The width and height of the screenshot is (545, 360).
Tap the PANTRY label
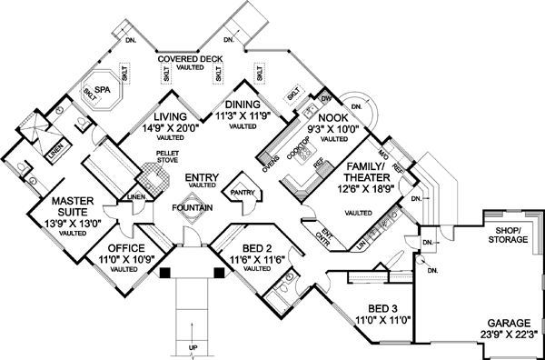243,192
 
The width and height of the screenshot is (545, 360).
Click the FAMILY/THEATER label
363,173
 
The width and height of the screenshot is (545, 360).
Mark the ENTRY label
199,175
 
